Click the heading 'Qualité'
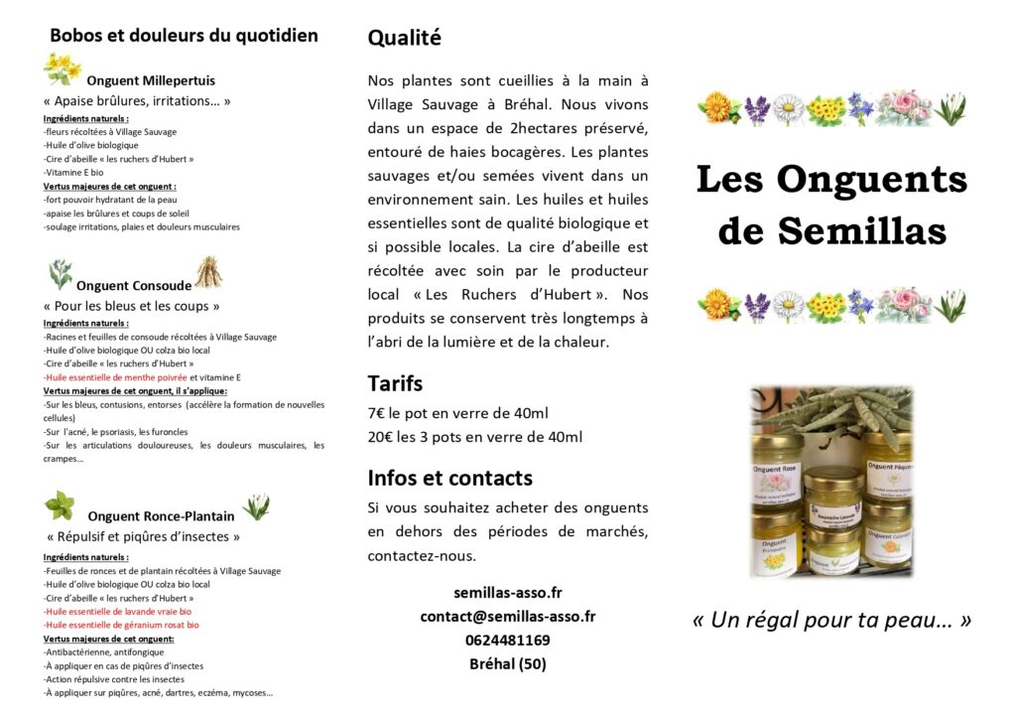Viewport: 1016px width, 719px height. click(404, 39)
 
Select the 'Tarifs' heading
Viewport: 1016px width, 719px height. click(395, 383)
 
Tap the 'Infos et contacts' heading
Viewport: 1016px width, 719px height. click(449, 478)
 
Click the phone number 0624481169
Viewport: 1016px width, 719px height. click(507, 641)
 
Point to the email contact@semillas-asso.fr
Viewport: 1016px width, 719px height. click(507, 617)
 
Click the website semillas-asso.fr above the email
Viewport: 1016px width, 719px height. click(507, 593)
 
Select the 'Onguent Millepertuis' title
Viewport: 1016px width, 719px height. click(151, 80)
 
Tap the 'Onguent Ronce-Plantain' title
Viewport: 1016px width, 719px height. click(161, 515)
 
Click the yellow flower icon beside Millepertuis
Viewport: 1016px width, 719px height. click(62, 69)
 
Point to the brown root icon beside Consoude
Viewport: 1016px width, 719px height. click(208, 272)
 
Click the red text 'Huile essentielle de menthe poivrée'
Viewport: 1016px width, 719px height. click(115, 377)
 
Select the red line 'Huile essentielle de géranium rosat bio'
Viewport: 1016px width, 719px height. click(121, 625)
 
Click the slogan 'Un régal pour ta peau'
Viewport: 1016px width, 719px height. click(831, 621)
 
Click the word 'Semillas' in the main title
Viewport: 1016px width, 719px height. click(861, 230)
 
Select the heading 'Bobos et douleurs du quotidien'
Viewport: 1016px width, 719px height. click(184, 36)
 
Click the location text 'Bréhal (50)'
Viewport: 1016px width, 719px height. click(507, 664)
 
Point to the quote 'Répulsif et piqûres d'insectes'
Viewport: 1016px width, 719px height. click(144, 537)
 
